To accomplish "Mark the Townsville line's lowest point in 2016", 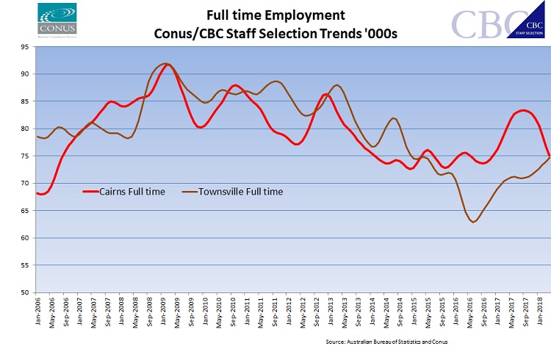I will pyautogui.click(x=474, y=222).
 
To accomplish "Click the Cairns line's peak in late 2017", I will pyautogui.click(x=522, y=110).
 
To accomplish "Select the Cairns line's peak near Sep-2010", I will pyautogui.click(x=234, y=85).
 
